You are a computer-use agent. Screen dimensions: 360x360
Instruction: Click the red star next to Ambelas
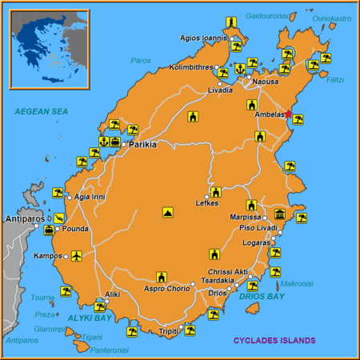pyautogui.click(x=289, y=114)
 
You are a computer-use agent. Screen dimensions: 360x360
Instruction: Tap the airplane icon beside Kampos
pyautogui.click(x=76, y=256)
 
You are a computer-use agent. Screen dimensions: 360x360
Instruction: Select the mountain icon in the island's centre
pyautogui.click(x=168, y=213)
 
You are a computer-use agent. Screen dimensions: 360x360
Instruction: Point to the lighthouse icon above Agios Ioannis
pyautogui.click(x=230, y=22)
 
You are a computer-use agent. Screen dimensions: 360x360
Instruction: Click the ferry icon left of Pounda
pyautogui.click(x=50, y=230)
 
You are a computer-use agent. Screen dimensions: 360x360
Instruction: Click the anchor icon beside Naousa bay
pyautogui.click(x=239, y=70)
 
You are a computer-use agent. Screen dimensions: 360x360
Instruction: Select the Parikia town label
pyautogui.click(x=142, y=145)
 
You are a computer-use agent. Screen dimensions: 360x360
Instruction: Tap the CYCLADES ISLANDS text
pyautogui.click(x=274, y=340)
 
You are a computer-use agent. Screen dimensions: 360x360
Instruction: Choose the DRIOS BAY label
pyautogui.click(x=262, y=297)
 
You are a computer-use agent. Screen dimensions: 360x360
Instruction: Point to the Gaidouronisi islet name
pyautogui.click(x=266, y=15)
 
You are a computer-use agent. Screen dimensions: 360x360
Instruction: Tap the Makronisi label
pyautogui.click(x=297, y=283)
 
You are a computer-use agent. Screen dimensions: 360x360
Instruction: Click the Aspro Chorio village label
pyautogui.click(x=166, y=288)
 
